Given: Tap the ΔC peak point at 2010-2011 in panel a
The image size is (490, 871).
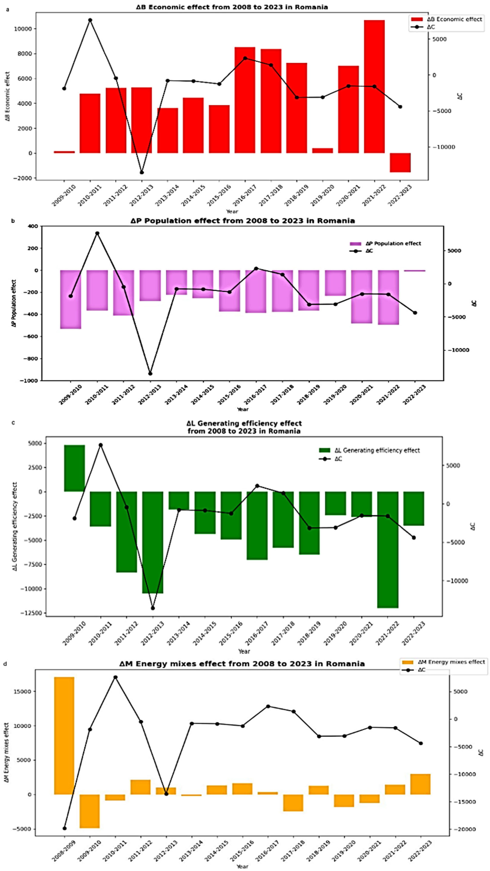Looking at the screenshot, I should [90, 20].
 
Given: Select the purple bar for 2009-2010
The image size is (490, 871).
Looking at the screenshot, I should [71, 299].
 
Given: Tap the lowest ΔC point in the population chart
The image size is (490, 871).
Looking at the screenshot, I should [150, 374].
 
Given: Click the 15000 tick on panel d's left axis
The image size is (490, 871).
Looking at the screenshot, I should [24, 692].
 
